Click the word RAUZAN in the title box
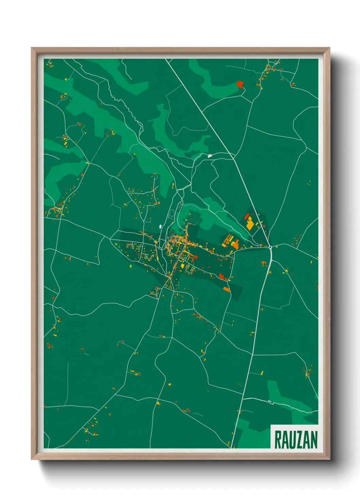pyautogui.click(x=295, y=440)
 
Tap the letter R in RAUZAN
pyautogui.click(x=277, y=440)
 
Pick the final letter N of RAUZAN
pyautogui.click(x=314, y=440)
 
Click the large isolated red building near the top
pyautogui.click(x=240, y=84)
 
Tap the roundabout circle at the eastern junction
pyautogui.click(x=270, y=247)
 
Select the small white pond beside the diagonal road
pyautogui.click(x=210, y=156)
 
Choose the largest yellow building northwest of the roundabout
pyautogui.click(x=250, y=224)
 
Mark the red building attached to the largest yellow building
pyautogui.click(x=246, y=217)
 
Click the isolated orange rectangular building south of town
pyautogui.click(x=227, y=289)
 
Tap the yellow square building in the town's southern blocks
pyautogui.click(x=182, y=266)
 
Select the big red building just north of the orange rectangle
pyautogui.click(x=222, y=277)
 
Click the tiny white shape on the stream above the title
pyautogui.click(x=269, y=402)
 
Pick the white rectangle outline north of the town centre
pyautogui.click(x=171, y=214)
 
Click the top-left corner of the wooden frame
pyautogui.click(x=32, y=48)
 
